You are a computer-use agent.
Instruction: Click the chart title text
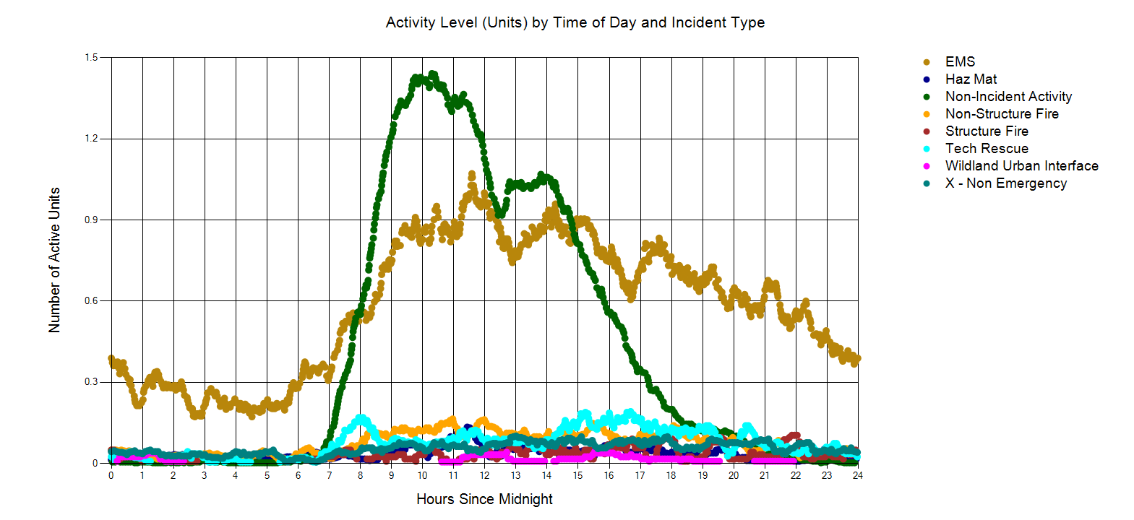click(575, 22)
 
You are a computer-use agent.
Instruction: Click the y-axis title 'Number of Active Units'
click(54, 260)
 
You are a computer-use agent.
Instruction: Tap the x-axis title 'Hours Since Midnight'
click(484, 499)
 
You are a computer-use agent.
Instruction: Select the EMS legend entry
click(960, 62)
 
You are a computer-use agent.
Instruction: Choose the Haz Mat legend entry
click(971, 79)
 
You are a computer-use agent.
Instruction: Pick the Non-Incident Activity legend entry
click(1008, 97)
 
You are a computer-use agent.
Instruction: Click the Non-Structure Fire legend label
click(1002, 114)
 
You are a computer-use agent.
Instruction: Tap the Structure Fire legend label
click(987, 131)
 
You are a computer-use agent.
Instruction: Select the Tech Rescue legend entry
click(987, 149)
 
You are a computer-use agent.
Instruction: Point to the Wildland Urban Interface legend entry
click(1021, 166)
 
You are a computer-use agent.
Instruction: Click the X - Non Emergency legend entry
click(1005, 183)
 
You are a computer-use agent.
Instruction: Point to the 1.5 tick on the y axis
click(91, 58)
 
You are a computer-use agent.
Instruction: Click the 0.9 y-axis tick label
click(91, 220)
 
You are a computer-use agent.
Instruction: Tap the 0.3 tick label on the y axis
click(91, 382)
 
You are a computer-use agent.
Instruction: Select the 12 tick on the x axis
click(484, 475)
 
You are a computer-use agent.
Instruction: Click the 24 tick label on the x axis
click(858, 475)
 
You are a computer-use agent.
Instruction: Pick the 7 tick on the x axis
click(329, 475)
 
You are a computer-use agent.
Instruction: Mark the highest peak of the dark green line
click(433, 74)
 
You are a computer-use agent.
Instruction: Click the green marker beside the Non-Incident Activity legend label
click(927, 97)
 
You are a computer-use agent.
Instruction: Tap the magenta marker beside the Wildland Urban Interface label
click(927, 166)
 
